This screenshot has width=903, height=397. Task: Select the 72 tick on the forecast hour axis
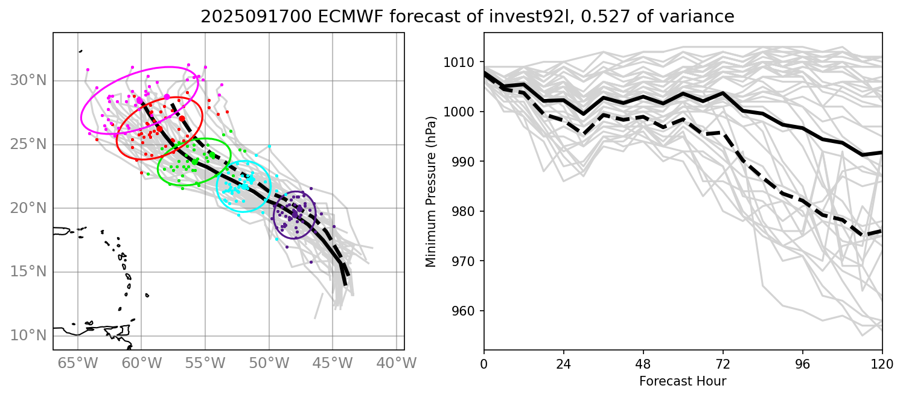pos(723,363)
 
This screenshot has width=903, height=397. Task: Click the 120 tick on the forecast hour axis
pos(882,363)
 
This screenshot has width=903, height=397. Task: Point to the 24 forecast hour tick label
pos(564,363)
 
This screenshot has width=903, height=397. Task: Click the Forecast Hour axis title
pos(683,381)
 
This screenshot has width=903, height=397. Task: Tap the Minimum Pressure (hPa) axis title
pos(431,191)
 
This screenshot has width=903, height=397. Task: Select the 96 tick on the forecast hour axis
pos(803,363)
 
